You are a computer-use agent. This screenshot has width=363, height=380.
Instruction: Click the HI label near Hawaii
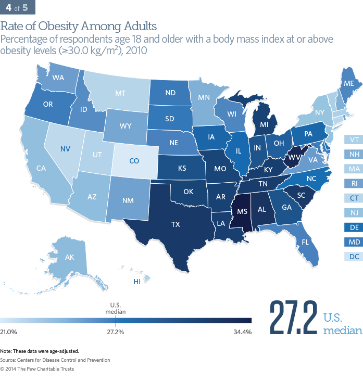pyautogui.click(x=137, y=282)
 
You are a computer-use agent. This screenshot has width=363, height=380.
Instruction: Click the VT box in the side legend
pyautogui.click(x=354, y=140)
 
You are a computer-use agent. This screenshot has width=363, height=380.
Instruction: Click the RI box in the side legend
pyautogui.click(x=354, y=183)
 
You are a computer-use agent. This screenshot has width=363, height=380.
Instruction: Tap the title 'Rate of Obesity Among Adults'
pyautogui.click(x=78, y=26)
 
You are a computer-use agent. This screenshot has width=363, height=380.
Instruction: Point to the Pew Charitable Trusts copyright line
pyautogui.click(x=37, y=369)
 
